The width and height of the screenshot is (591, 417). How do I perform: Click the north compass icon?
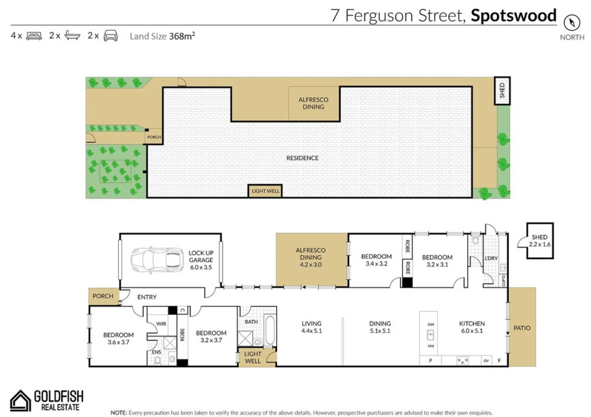[572, 23]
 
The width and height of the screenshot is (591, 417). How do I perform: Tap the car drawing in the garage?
[157, 260]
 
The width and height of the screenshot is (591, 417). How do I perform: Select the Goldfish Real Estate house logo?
[20, 400]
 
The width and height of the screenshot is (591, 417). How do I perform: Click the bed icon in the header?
[34, 36]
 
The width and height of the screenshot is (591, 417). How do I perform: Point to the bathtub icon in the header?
[72, 36]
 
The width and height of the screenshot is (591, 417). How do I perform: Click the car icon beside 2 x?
[111, 36]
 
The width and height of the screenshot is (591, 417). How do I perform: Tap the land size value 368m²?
[182, 36]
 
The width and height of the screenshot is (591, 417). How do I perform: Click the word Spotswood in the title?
[513, 15]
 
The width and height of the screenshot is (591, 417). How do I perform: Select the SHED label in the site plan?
[502, 90]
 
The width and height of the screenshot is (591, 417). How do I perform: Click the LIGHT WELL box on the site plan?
[265, 191]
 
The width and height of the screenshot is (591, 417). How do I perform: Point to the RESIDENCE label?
[302, 158]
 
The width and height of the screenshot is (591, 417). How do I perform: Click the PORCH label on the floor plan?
[103, 296]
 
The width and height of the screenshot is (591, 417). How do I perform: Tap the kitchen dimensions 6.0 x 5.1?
[472, 331]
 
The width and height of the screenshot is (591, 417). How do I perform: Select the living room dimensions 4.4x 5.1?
[312, 331]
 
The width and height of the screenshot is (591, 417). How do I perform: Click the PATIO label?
[522, 328]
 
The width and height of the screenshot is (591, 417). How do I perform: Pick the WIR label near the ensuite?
[161, 324]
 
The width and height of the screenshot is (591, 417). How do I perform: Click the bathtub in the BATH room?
[270, 331]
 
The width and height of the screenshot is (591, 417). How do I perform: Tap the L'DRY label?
[491, 258]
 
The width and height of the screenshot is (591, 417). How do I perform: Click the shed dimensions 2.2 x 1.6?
[540, 244]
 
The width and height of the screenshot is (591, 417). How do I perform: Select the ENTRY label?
[147, 297]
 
